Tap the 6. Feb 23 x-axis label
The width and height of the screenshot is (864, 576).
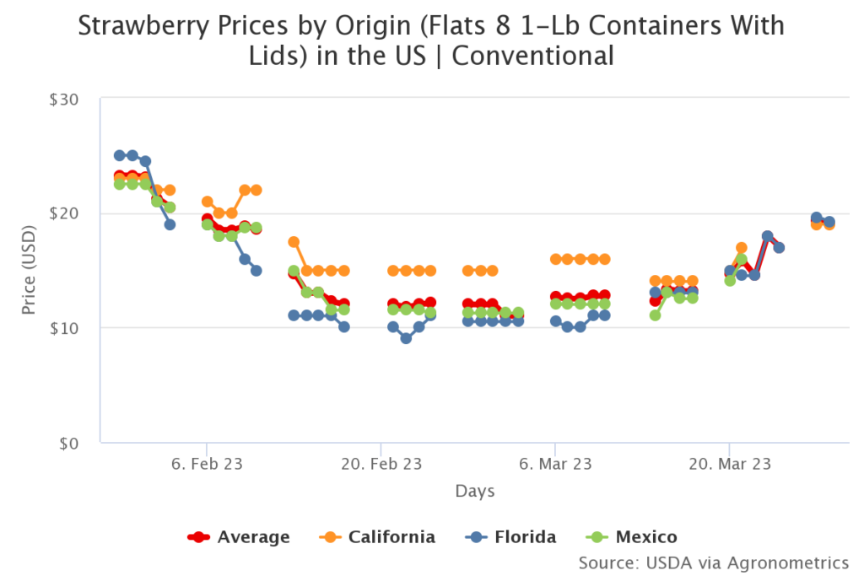click(207, 464)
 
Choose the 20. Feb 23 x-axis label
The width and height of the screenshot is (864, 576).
click(381, 464)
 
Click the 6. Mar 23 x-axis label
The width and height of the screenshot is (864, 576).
click(554, 464)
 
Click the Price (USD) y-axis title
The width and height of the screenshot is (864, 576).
click(30, 271)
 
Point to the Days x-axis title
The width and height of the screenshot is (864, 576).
click(475, 491)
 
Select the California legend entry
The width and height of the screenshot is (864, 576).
click(379, 537)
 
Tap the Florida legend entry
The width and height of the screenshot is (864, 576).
click(513, 537)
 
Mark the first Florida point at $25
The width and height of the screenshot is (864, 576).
click(120, 155)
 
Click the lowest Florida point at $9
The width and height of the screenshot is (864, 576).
click(406, 338)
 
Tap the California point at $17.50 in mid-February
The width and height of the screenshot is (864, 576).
click(294, 242)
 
